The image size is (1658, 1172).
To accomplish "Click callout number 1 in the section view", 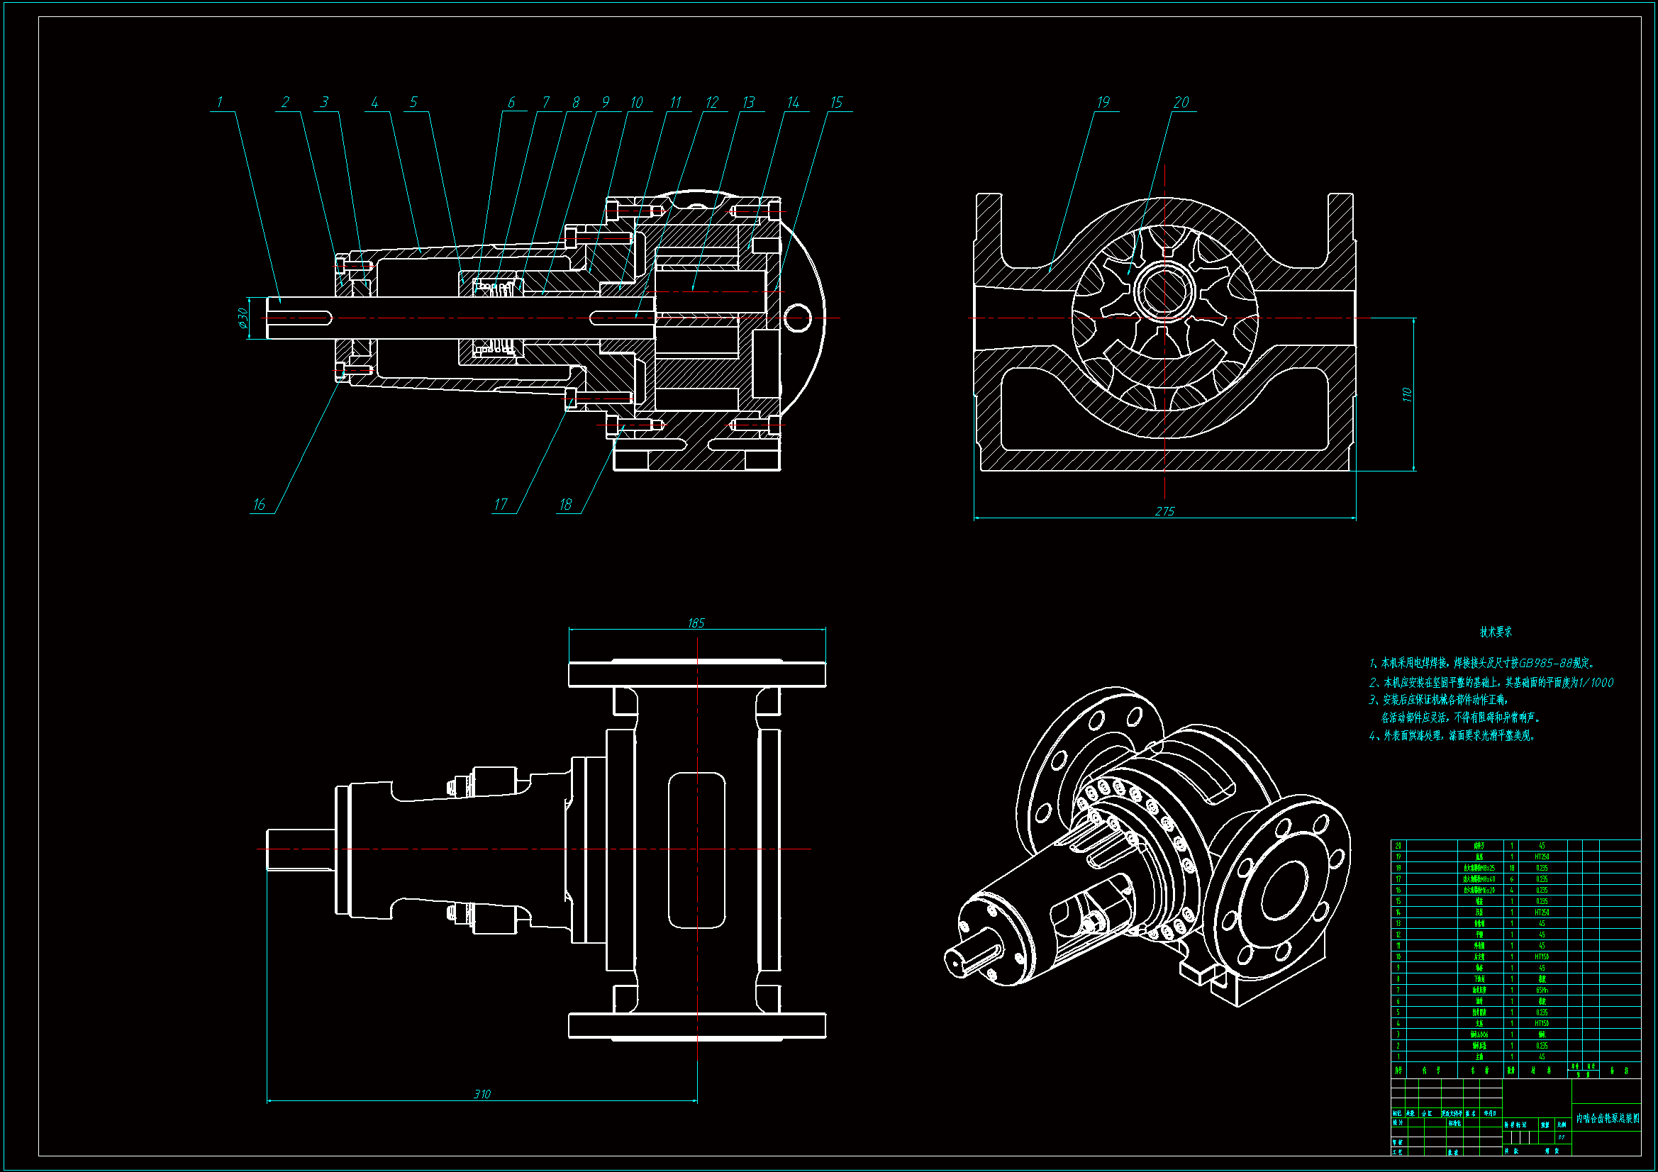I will point(220,103).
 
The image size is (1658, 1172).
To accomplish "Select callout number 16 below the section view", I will point(259,505).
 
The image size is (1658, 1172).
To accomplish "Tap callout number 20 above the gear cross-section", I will point(1181,103).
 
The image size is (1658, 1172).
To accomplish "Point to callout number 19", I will point(1103,103).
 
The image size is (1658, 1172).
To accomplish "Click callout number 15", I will point(836,103).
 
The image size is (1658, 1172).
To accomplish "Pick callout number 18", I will point(565,505).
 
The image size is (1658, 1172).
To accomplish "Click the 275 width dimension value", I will point(1164,511).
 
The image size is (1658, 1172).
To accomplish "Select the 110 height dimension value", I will point(1406,394).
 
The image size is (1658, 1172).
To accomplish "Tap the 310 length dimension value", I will point(482,1094).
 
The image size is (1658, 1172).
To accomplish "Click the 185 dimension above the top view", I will point(696,623).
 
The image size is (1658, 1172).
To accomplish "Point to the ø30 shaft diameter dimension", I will point(243,318).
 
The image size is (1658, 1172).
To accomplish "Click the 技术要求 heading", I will point(1496,632).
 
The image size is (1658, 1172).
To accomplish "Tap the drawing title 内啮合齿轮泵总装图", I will point(1608,1119).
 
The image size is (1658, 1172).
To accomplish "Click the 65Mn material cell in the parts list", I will point(1542,990).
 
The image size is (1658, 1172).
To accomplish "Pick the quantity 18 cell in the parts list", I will point(1511,868).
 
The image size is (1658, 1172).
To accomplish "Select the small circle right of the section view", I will point(798,318).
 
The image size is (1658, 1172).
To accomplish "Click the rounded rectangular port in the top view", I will point(696,850).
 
